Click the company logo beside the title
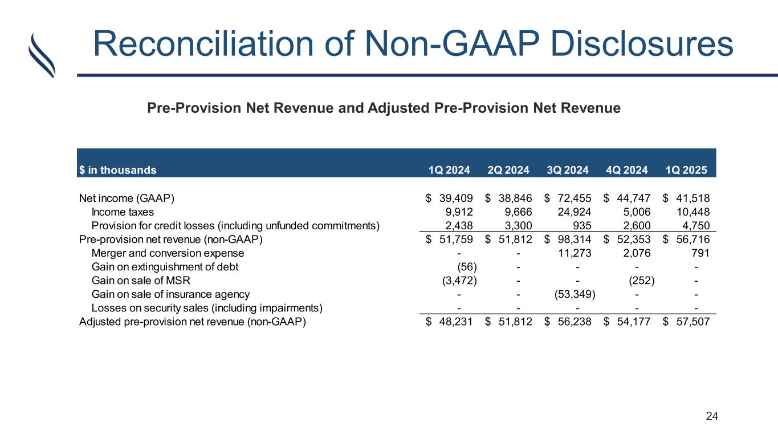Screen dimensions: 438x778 [42, 55]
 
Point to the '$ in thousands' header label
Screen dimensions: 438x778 [117, 169]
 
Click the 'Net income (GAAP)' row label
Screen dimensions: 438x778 [127, 198]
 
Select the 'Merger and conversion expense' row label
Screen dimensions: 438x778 [168, 253]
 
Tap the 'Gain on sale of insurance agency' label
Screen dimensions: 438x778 [170, 294]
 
